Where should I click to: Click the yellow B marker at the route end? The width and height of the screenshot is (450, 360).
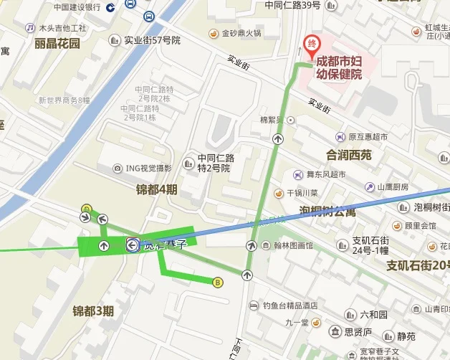coord(218,283)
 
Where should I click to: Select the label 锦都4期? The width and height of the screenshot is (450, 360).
coord(156,189)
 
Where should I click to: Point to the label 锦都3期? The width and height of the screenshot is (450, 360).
coord(93,311)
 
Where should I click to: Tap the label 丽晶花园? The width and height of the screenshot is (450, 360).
coord(57,43)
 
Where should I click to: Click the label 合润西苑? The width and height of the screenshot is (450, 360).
coord(349,155)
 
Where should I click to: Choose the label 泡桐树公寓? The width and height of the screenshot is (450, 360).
coord(327,211)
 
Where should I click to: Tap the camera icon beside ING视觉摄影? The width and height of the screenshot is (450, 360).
coord(118,169)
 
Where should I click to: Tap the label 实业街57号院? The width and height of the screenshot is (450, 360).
coord(152,40)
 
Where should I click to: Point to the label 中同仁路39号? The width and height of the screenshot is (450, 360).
coord(292,5)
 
